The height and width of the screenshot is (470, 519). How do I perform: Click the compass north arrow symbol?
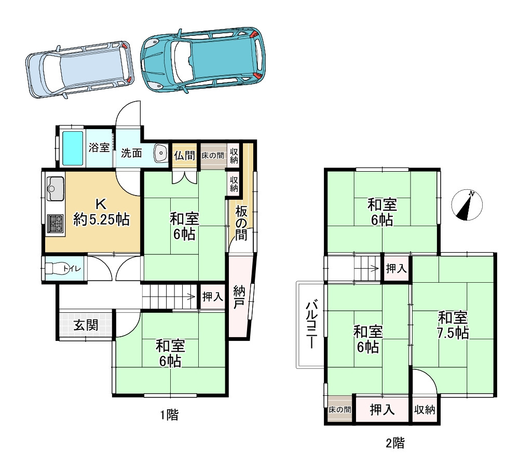(x=467, y=205)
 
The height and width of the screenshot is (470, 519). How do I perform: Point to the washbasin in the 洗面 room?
(x=160, y=153)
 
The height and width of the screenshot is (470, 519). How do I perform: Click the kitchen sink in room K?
(x=55, y=188)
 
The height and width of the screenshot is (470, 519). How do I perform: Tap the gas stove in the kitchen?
(x=55, y=224)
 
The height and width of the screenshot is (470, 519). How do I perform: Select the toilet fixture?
(x=57, y=268)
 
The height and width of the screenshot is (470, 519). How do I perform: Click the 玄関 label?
(x=85, y=325)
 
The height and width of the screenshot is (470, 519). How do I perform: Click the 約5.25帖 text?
(x=101, y=220)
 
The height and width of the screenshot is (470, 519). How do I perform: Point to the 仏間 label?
(x=184, y=155)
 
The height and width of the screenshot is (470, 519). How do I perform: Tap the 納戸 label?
(x=239, y=297)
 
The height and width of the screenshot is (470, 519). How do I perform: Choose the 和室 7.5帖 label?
(x=453, y=325)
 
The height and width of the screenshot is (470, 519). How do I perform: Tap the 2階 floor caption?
(x=395, y=443)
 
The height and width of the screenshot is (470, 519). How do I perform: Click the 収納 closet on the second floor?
(x=425, y=410)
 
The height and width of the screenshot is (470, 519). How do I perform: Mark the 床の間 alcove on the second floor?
(x=340, y=410)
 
